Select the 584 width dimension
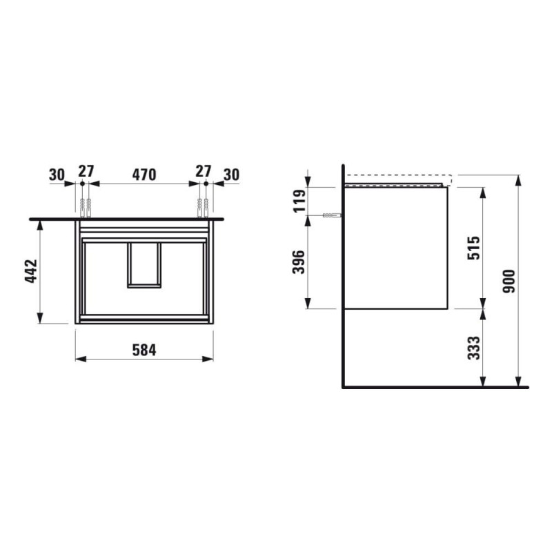(144, 350)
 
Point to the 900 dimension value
(509, 281)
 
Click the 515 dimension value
(475, 248)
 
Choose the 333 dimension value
(475, 348)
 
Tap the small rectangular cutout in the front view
(144, 264)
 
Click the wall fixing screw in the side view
(331, 216)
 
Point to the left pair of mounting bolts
(86, 206)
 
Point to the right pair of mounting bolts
(203, 206)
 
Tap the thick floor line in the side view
(435, 387)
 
